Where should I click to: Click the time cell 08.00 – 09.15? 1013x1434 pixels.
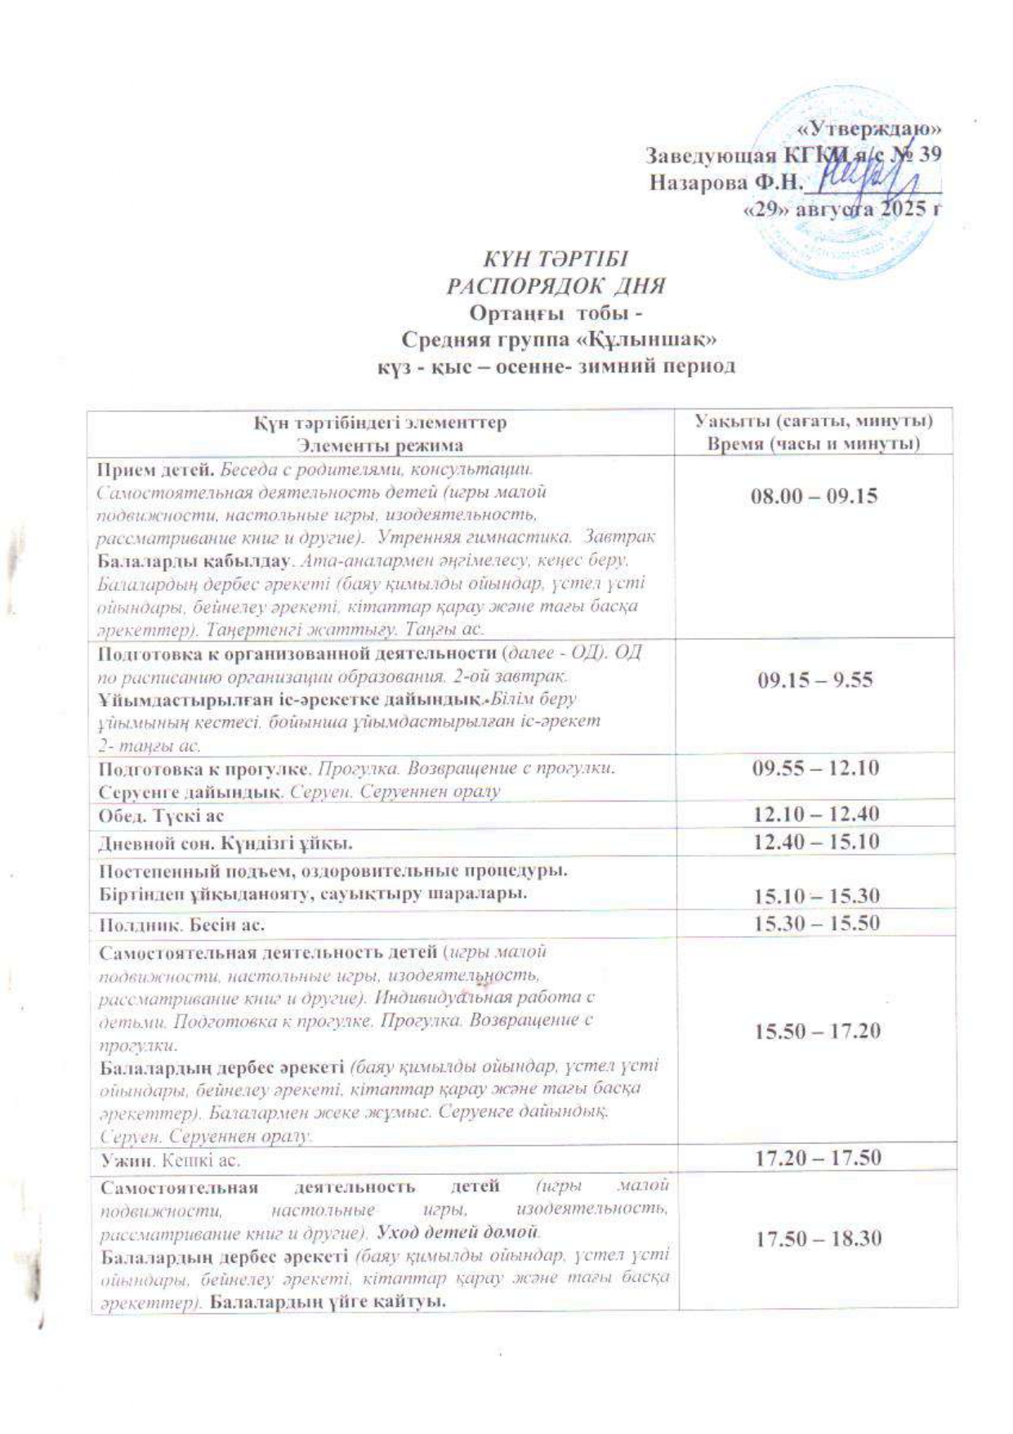[814, 496]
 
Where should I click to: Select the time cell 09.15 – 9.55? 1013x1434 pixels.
[815, 679]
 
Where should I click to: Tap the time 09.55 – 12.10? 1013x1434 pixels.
[815, 768]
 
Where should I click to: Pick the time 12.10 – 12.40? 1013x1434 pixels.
[815, 814]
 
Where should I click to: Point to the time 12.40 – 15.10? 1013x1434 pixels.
[815, 842]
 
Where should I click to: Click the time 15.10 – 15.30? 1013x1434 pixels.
[815, 896]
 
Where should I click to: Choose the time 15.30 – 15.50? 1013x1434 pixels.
[815, 923]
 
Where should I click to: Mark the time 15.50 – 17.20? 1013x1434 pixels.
[817, 1030]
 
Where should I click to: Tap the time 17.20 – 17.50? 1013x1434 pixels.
[817, 1157]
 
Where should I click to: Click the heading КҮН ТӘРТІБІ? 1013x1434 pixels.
[556, 260]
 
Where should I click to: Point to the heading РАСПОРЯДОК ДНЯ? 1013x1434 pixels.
[556, 287]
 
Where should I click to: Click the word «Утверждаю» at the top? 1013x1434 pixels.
[869, 128]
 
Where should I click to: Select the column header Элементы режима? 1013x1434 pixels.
[380, 445]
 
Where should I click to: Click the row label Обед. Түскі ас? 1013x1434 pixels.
[161, 815]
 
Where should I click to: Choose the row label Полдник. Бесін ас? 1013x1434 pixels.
[181, 926]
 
